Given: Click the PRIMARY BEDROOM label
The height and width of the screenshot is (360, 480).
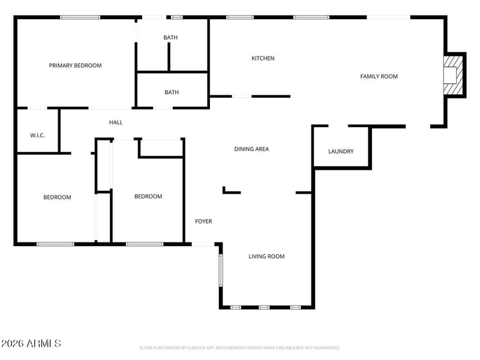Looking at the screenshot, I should click(75, 65).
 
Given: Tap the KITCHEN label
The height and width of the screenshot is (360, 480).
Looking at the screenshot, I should click(263, 58).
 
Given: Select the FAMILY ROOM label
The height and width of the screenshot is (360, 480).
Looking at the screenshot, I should click(379, 76).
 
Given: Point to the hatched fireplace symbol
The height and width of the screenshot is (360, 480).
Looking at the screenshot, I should click(454, 74).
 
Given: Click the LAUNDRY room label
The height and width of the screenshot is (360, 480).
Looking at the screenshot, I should click(341, 151).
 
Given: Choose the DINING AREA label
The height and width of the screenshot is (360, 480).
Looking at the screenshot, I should click(251, 149).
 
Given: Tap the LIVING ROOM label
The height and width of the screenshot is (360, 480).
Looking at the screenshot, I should click(266, 256).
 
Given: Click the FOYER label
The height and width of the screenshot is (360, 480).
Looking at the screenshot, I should click(203, 221).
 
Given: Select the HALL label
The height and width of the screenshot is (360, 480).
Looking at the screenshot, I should click(116, 122).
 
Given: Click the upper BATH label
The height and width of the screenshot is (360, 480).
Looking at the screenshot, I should click(170, 38).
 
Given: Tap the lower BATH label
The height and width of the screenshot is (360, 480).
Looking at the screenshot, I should click(172, 92).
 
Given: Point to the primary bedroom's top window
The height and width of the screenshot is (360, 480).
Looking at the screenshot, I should click(80, 17).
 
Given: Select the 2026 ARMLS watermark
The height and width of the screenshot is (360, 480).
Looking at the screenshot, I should click(31, 344).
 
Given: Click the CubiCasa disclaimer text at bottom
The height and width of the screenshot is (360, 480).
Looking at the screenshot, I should click(239, 348).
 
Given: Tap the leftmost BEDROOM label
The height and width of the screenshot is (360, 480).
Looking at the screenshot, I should click(57, 197).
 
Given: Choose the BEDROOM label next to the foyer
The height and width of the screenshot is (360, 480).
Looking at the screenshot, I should click(148, 196).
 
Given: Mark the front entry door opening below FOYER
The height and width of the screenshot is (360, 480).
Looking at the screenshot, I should click(203, 244).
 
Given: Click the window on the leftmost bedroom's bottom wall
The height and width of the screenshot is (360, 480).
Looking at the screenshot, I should click(55, 244).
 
